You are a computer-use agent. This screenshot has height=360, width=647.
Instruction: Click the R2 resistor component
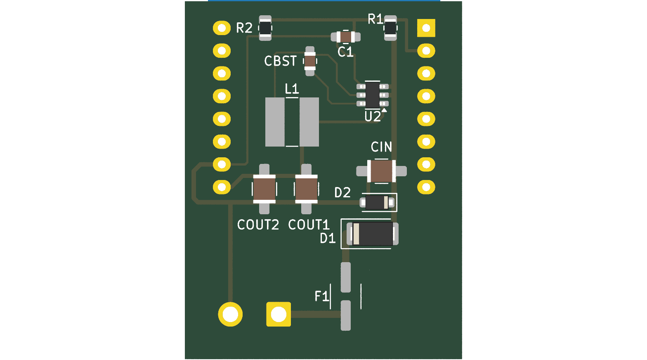click(x=265, y=28)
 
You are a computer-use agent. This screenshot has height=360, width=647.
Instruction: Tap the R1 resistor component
click(x=390, y=28)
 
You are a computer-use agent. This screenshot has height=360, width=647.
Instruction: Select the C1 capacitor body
click(x=345, y=37)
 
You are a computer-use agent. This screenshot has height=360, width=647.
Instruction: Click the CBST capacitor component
click(x=310, y=61)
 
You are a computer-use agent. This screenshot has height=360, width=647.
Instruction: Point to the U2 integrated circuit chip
click(x=373, y=95)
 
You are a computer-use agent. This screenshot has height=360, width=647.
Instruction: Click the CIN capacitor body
click(x=381, y=171)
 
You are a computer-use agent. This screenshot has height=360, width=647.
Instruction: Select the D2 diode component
click(x=377, y=203)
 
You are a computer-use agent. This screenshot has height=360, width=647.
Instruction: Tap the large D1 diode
click(x=372, y=234)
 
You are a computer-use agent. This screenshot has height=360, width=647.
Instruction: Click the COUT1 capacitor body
click(x=306, y=189)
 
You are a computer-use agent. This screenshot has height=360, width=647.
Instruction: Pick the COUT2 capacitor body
click(x=264, y=189)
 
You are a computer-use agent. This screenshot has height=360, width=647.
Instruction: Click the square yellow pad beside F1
click(x=279, y=314)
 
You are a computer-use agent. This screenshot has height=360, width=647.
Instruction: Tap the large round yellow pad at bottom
click(x=230, y=314)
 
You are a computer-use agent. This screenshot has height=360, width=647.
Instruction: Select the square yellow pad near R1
click(x=426, y=28)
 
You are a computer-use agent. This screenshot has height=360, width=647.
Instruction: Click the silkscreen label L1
click(x=292, y=89)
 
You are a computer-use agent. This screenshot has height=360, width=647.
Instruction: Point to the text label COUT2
click(x=258, y=225)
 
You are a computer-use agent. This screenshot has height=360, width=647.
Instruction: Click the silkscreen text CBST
click(x=280, y=61)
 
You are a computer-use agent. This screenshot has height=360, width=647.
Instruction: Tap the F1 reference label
click(x=321, y=296)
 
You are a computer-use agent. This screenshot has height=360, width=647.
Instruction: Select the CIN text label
click(x=381, y=147)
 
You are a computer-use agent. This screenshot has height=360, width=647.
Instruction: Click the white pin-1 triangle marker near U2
click(x=384, y=110)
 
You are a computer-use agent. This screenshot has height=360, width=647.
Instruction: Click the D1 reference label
click(x=328, y=238)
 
